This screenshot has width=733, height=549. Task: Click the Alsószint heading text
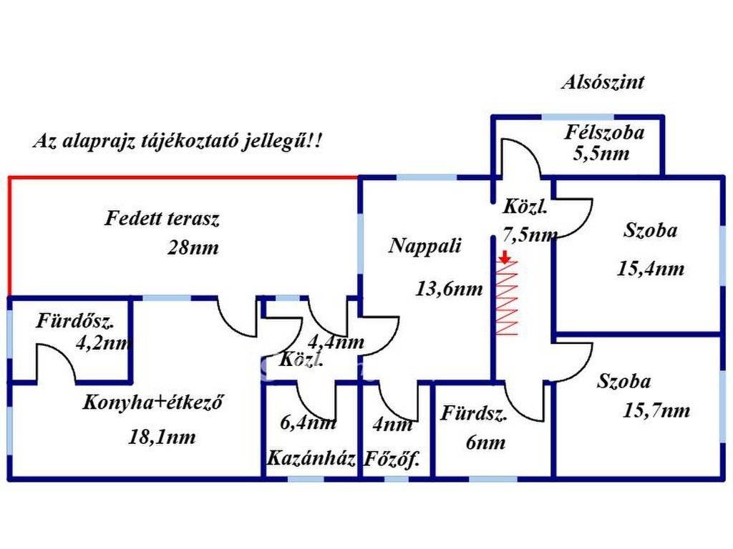(x=602, y=82)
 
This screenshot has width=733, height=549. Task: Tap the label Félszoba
(x=604, y=132)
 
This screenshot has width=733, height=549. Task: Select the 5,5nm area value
(x=601, y=153)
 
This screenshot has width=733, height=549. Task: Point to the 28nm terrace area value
(x=193, y=248)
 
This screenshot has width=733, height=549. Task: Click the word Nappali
(x=425, y=246)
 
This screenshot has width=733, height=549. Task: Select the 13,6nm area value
(x=449, y=290)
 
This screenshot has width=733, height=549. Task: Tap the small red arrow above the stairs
(x=505, y=257)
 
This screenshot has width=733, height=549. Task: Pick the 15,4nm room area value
(x=650, y=269)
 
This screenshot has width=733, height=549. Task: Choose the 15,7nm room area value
(x=656, y=410)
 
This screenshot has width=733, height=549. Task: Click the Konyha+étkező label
(x=153, y=402)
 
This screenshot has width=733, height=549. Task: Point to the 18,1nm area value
(x=162, y=437)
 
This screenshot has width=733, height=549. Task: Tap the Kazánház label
(x=311, y=459)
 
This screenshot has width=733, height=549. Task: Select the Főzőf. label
(x=391, y=459)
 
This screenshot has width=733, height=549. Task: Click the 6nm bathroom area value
(x=485, y=442)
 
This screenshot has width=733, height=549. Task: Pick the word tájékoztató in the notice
(x=207, y=141)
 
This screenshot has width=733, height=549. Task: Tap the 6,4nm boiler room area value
(x=309, y=423)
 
